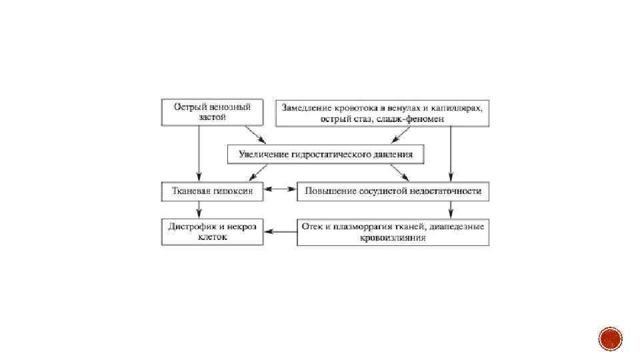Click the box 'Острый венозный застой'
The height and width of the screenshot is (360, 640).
point(212,112)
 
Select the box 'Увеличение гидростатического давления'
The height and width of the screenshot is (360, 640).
point(325,155)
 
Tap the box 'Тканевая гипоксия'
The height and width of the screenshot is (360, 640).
point(212,191)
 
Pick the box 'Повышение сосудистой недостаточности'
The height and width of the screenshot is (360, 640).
point(393,191)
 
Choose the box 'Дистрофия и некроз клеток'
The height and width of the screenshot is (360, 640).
point(212,231)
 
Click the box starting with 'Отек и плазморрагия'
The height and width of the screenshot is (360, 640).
point(393,231)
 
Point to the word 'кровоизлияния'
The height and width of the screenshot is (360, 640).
point(393,237)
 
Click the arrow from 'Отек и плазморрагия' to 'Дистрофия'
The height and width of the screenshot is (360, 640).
point(280,231)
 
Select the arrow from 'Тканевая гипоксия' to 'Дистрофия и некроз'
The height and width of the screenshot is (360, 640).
point(199,209)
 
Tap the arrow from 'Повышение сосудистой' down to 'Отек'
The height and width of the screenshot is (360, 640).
point(451,209)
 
